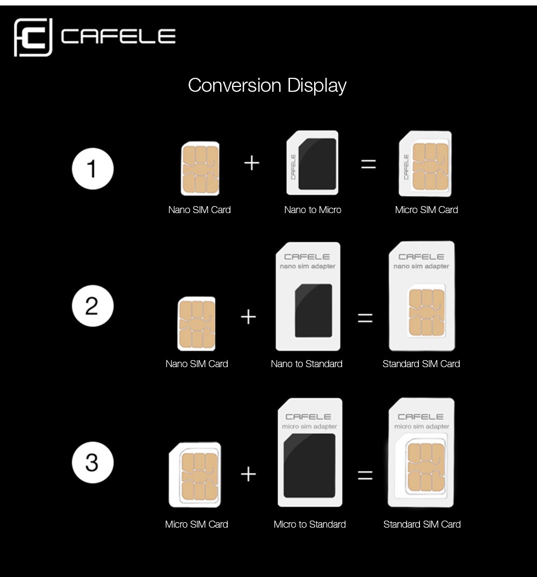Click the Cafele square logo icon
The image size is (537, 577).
click(x=33, y=37)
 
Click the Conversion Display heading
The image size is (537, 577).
click(x=267, y=86)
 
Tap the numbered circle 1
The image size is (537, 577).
click(x=93, y=169)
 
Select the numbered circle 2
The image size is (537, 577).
click(x=93, y=306)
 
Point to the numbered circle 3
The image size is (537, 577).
click(x=93, y=462)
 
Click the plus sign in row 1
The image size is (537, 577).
click(x=252, y=163)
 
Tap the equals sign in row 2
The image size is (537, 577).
click(x=365, y=318)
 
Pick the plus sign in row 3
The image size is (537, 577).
click(x=249, y=474)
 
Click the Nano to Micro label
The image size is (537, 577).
click(x=313, y=210)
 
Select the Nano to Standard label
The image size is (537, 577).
click(x=307, y=364)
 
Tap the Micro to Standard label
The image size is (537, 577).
click(x=309, y=524)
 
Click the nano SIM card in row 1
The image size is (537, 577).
click(x=200, y=169)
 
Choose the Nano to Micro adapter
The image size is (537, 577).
click(x=313, y=163)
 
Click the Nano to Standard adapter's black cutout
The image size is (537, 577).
click(x=314, y=311)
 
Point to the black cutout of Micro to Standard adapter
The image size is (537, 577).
click(x=309, y=465)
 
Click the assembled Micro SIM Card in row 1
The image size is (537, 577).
click(x=425, y=164)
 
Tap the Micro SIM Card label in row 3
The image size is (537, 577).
click(x=197, y=524)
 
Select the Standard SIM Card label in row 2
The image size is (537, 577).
click(x=421, y=364)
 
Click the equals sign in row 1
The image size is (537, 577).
click(x=368, y=164)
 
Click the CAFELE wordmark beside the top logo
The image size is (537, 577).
click(x=118, y=37)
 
